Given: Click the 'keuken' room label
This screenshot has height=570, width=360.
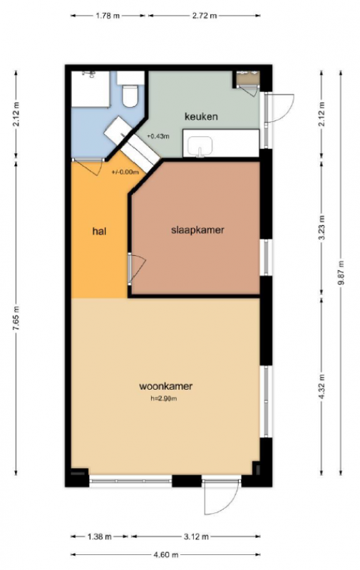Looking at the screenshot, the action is pyautogui.click(x=201, y=117).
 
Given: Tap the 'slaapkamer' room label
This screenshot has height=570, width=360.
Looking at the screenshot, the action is pyautogui.click(x=197, y=230).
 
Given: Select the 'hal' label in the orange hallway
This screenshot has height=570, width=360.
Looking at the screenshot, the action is pyautogui.click(x=99, y=231).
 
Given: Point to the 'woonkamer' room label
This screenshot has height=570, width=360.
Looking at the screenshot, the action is pyautogui.click(x=166, y=386).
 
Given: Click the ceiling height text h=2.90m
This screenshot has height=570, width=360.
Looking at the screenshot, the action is pyautogui.click(x=164, y=398).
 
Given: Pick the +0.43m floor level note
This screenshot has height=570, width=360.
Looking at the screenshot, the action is pyautogui.click(x=158, y=136).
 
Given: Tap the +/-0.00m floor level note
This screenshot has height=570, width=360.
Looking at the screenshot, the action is pyautogui.click(x=125, y=172).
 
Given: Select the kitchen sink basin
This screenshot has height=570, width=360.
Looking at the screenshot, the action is pyautogui.click(x=200, y=146).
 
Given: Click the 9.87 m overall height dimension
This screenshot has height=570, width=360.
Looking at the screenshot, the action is pyautogui.click(x=341, y=273).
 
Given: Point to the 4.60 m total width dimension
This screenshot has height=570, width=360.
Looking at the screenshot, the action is pyautogui.click(x=165, y=555).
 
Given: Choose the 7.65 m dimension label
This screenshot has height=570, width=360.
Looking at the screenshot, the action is pyautogui.click(x=16, y=318).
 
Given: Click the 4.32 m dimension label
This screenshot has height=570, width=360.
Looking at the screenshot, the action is pyautogui.click(x=322, y=386).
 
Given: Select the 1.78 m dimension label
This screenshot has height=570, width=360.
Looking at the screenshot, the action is pyautogui.click(x=108, y=16).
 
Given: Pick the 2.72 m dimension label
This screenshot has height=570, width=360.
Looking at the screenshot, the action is pyautogui.click(x=204, y=16).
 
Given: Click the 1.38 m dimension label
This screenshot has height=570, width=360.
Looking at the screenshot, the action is pyautogui.click(x=99, y=537).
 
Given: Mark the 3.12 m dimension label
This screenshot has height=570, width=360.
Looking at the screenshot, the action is pyautogui.click(x=196, y=537).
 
